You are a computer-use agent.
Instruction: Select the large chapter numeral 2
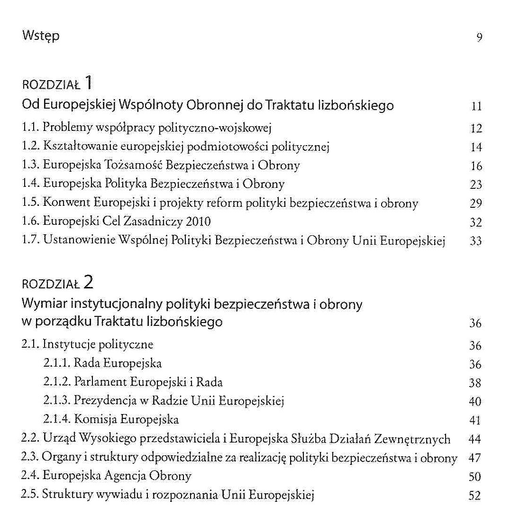click(x=87, y=283)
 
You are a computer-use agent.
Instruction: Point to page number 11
click(x=476, y=106)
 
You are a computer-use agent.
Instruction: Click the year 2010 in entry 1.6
click(x=199, y=222)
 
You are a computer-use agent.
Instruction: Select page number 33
click(x=475, y=241)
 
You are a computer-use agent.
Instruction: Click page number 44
click(x=474, y=440)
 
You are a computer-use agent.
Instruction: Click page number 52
click(x=474, y=496)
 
